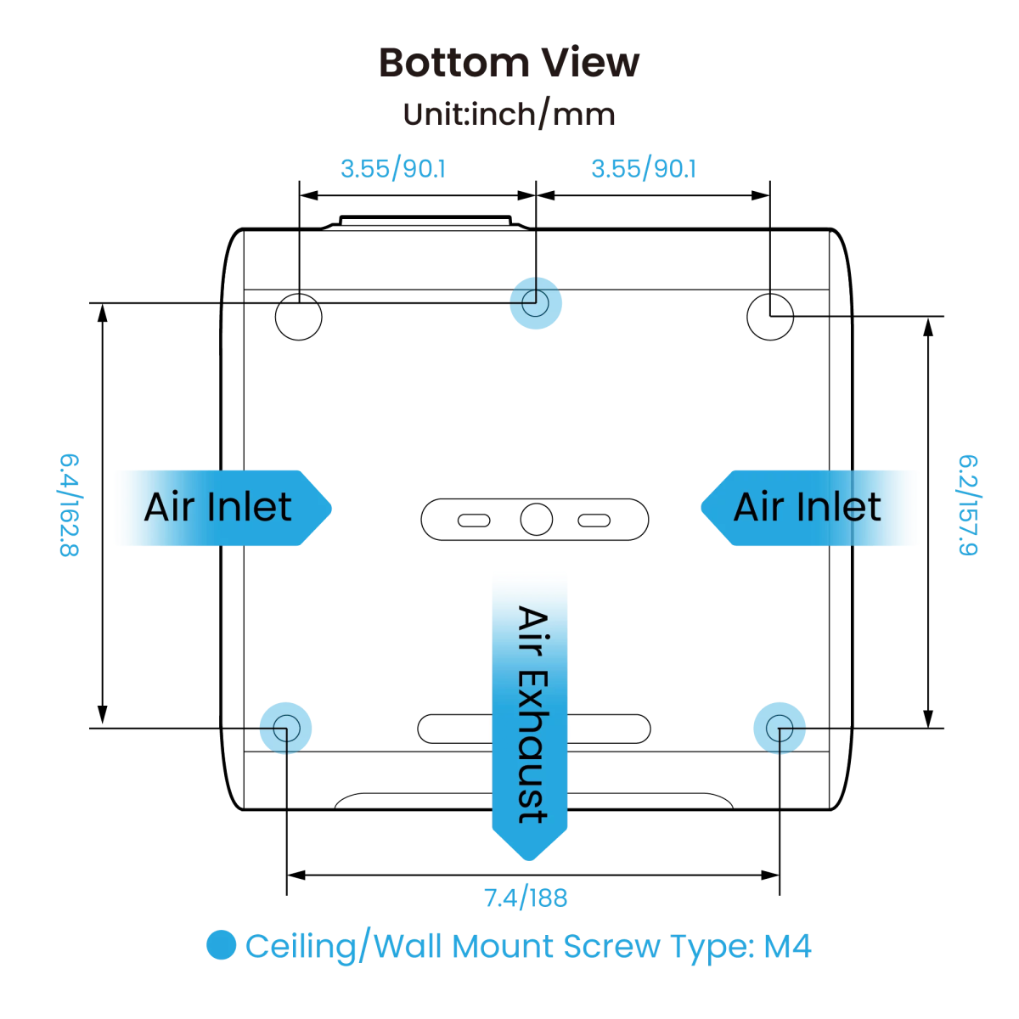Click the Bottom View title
pos(509,63)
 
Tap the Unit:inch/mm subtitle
pos(509,114)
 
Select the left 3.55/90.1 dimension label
pos(392,169)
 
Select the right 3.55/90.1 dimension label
pos(643,169)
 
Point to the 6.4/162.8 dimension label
pos(69,505)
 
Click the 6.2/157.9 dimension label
pos(968,505)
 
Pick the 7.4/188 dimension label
pos(525,898)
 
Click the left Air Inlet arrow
pos(221,508)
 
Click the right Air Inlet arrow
pos(811,508)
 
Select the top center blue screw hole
pos(536,303)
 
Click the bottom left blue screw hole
pos(285,729)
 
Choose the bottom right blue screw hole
pos(780,729)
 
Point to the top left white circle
pos(299,317)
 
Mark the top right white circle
pos(770,317)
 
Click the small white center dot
pos(536,519)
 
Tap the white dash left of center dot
pos(474,521)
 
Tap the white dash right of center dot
pos(594,521)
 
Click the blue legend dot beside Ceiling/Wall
pos(221,945)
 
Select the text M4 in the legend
pos(787,946)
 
